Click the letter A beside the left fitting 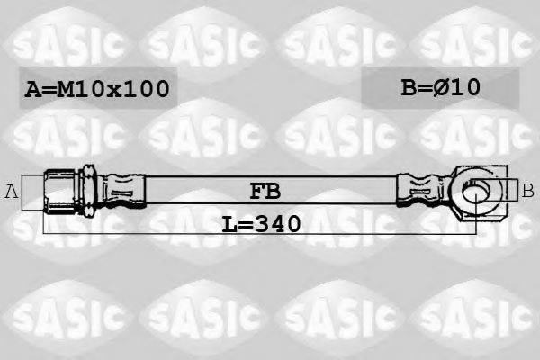coord(12,191)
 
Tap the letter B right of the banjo coord(528,190)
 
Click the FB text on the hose coord(265,191)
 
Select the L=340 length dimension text coord(261,222)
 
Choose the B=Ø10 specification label coord(440,87)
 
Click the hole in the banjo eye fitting coord(476,191)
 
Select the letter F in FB coord(256,191)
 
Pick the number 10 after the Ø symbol coord(466,87)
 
